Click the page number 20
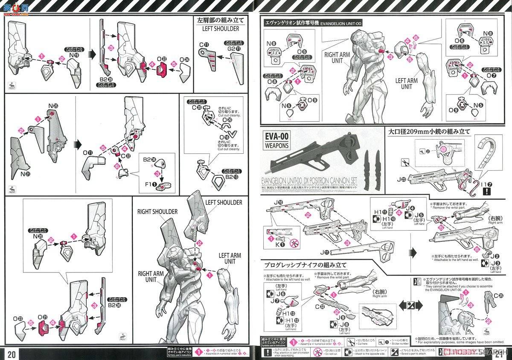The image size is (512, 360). click(12, 354)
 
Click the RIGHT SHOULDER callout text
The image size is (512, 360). click(157, 211)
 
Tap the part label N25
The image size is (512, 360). click(53, 105)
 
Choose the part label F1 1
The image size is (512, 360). click(149, 185)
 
